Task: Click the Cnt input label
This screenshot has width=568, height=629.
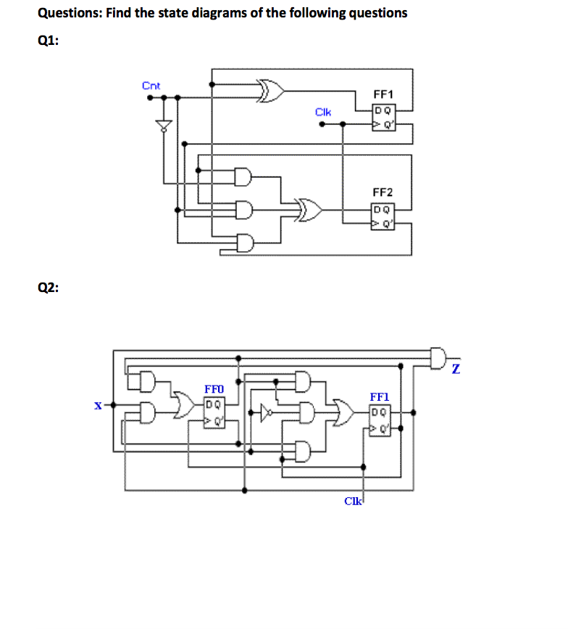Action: [x=151, y=86]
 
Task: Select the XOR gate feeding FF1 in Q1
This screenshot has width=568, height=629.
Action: [x=271, y=92]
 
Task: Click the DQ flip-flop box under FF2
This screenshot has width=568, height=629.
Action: [x=383, y=215]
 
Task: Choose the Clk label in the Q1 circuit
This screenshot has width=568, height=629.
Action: [x=323, y=112]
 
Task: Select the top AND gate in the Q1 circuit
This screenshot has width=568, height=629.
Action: [x=244, y=176]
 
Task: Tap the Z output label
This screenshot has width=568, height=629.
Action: [x=455, y=370]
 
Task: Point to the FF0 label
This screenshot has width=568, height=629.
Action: [x=215, y=390]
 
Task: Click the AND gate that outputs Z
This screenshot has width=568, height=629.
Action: [x=438, y=357]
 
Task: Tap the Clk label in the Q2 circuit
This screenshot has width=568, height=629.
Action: [x=353, y=501]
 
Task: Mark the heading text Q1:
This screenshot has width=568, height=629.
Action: [x=48, y=41]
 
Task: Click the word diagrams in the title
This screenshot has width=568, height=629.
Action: [x=206, y=13]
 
